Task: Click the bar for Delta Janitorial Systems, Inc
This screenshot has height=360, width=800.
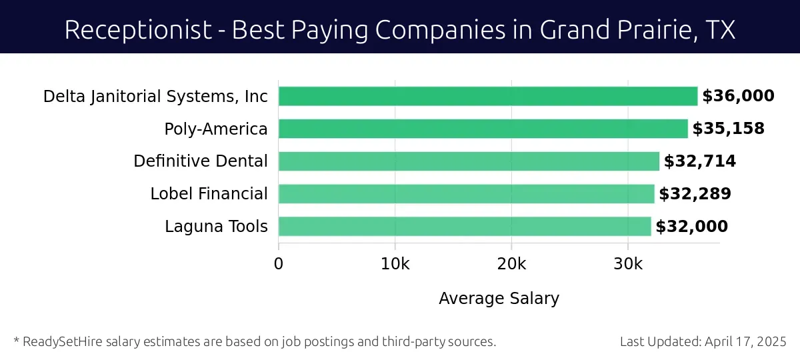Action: coord(487,96)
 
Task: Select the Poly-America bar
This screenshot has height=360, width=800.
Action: coord(483,129)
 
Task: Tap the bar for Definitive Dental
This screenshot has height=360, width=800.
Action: coord(468,161)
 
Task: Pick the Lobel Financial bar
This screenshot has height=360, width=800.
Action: coord(466,194)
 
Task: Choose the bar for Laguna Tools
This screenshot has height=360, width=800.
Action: coord(464,227)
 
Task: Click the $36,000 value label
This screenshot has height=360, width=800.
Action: coord(738,96)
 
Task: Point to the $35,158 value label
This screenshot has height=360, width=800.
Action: coord(728,129)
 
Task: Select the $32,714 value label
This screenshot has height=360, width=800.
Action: coord(699,161)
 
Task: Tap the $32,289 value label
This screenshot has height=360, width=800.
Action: coord(695,194)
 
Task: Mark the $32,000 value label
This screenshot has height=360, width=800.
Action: coord(691,227)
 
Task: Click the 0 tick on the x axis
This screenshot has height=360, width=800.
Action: coord(279,263)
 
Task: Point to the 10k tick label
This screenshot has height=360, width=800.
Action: coord(395,263)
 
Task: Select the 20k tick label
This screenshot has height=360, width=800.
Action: coord(511,263)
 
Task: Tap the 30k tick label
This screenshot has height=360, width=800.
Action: coord(628,263)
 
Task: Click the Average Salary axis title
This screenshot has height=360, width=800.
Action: coord(499,298)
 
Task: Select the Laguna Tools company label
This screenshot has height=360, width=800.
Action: coord(216,227)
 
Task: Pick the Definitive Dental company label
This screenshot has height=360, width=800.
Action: coord(201,161)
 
